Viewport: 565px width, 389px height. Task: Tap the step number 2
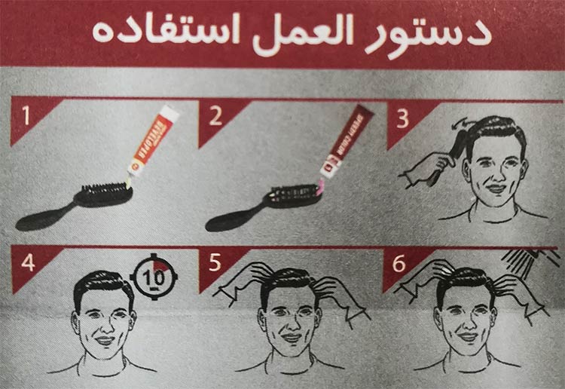coord(216,116)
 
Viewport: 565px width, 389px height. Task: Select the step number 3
coord(404,116)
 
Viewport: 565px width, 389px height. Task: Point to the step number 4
coord(28,263)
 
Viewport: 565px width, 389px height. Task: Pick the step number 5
coord(216,262)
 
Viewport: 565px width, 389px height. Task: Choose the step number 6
coord(400,262)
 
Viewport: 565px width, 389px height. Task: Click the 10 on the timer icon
coord(153,277)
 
